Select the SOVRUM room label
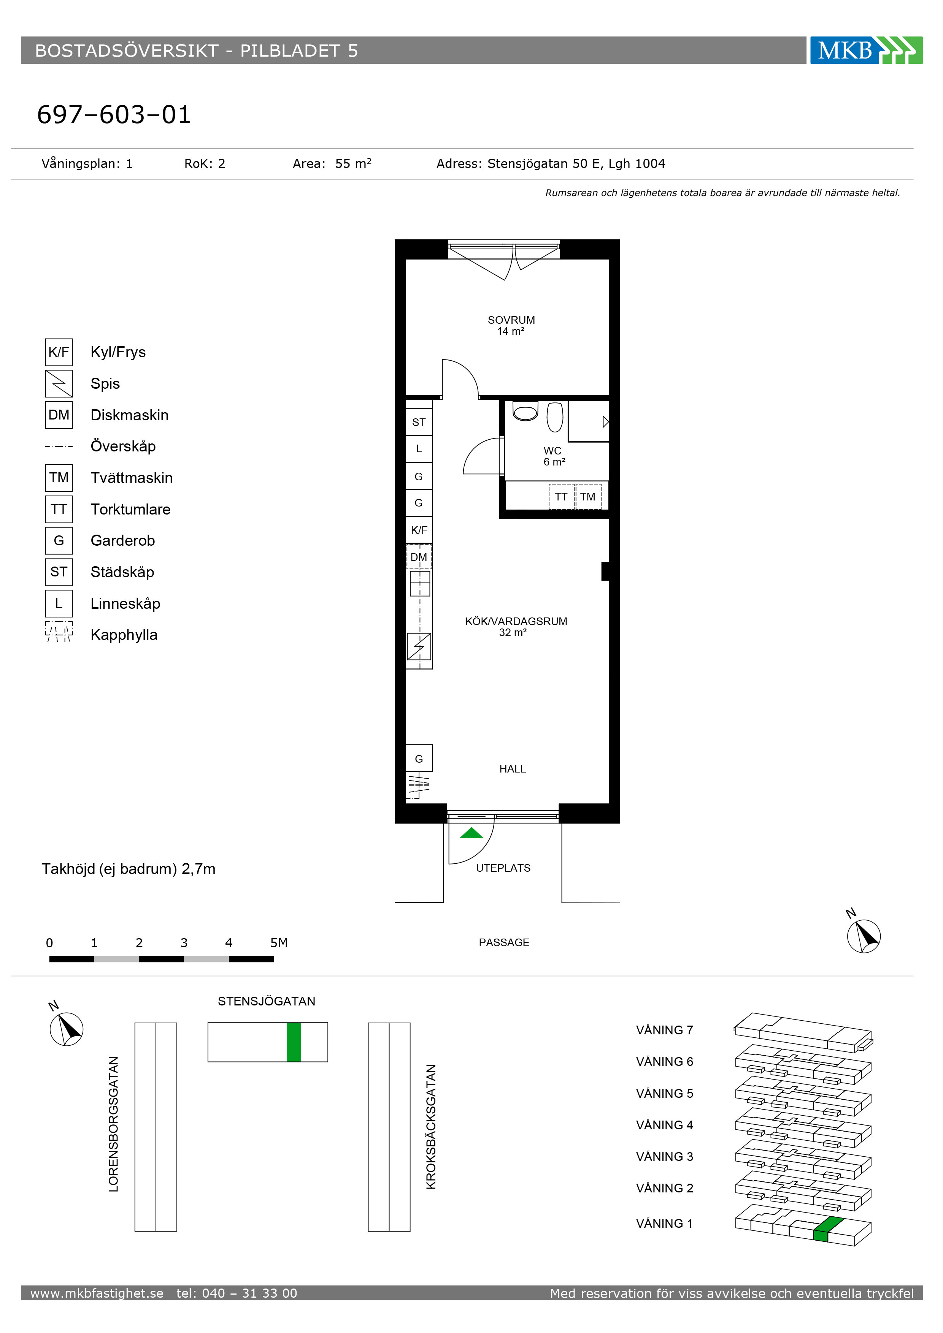click(x=511, y=320)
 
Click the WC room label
click(x=552, y=451)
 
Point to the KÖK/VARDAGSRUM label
click(x=516, y=621)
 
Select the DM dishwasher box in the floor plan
click(x=419, y=557)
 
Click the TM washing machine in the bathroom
click(x=588, y=496)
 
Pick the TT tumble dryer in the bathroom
click(x=561, y=496)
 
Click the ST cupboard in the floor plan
click(x=419, y=422)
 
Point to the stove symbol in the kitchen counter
click(x=419, y=646)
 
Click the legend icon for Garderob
click(x=59, y=540)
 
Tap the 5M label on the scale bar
click(x=279, y=943)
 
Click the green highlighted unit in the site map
click(x=294, y=1042)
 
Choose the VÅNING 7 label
click(x=665, y=1030)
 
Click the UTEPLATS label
click(x=503, y=868)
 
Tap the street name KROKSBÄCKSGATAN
click(x=431, y=1127)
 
